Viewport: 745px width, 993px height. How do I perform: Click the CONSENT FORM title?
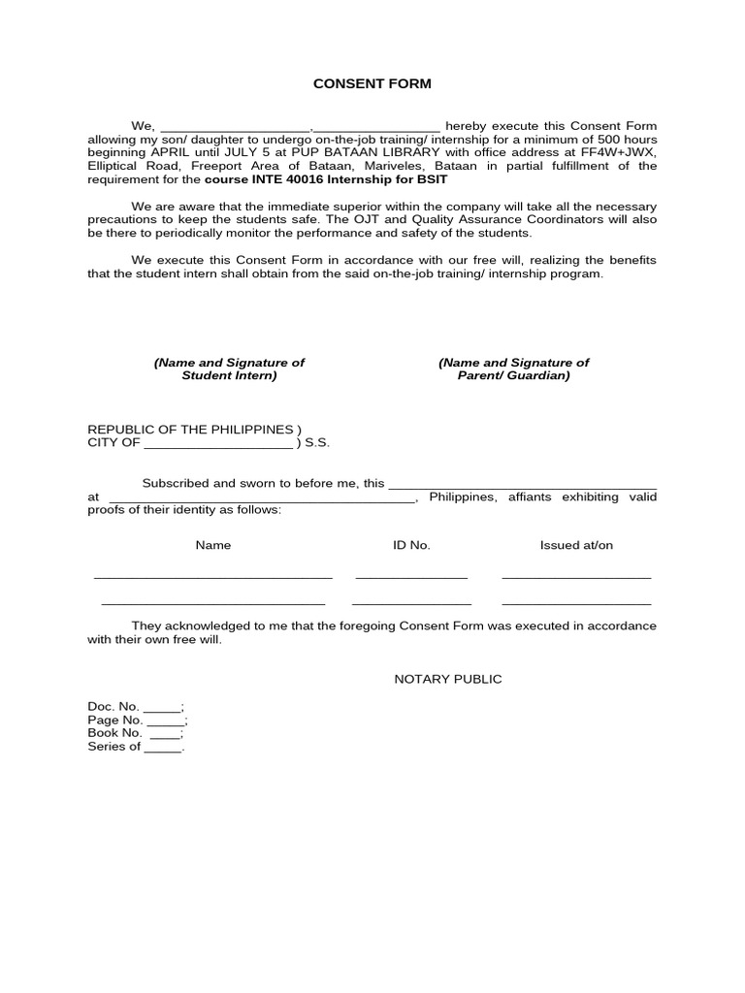[372, 84]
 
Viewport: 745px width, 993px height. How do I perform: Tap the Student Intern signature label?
[229, 368]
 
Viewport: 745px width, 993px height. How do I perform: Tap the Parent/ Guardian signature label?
[513, 368]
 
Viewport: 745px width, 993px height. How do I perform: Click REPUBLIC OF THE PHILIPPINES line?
[194, 430]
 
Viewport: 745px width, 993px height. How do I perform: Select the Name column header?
[213, 545]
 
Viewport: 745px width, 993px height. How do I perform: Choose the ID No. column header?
[411, 545]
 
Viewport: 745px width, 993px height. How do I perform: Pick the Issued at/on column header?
[576, 545]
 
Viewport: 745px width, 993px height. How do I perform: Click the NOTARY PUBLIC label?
[447, 679]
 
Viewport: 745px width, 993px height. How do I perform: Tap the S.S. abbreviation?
[317, 443]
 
